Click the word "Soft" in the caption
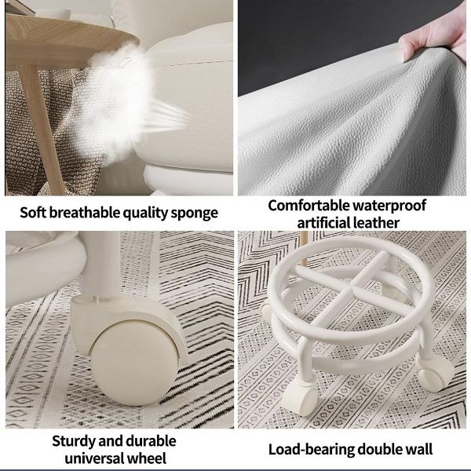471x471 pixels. pos(35,213)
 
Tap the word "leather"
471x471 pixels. pos(376,222)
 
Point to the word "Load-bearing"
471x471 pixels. pos(310,450)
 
